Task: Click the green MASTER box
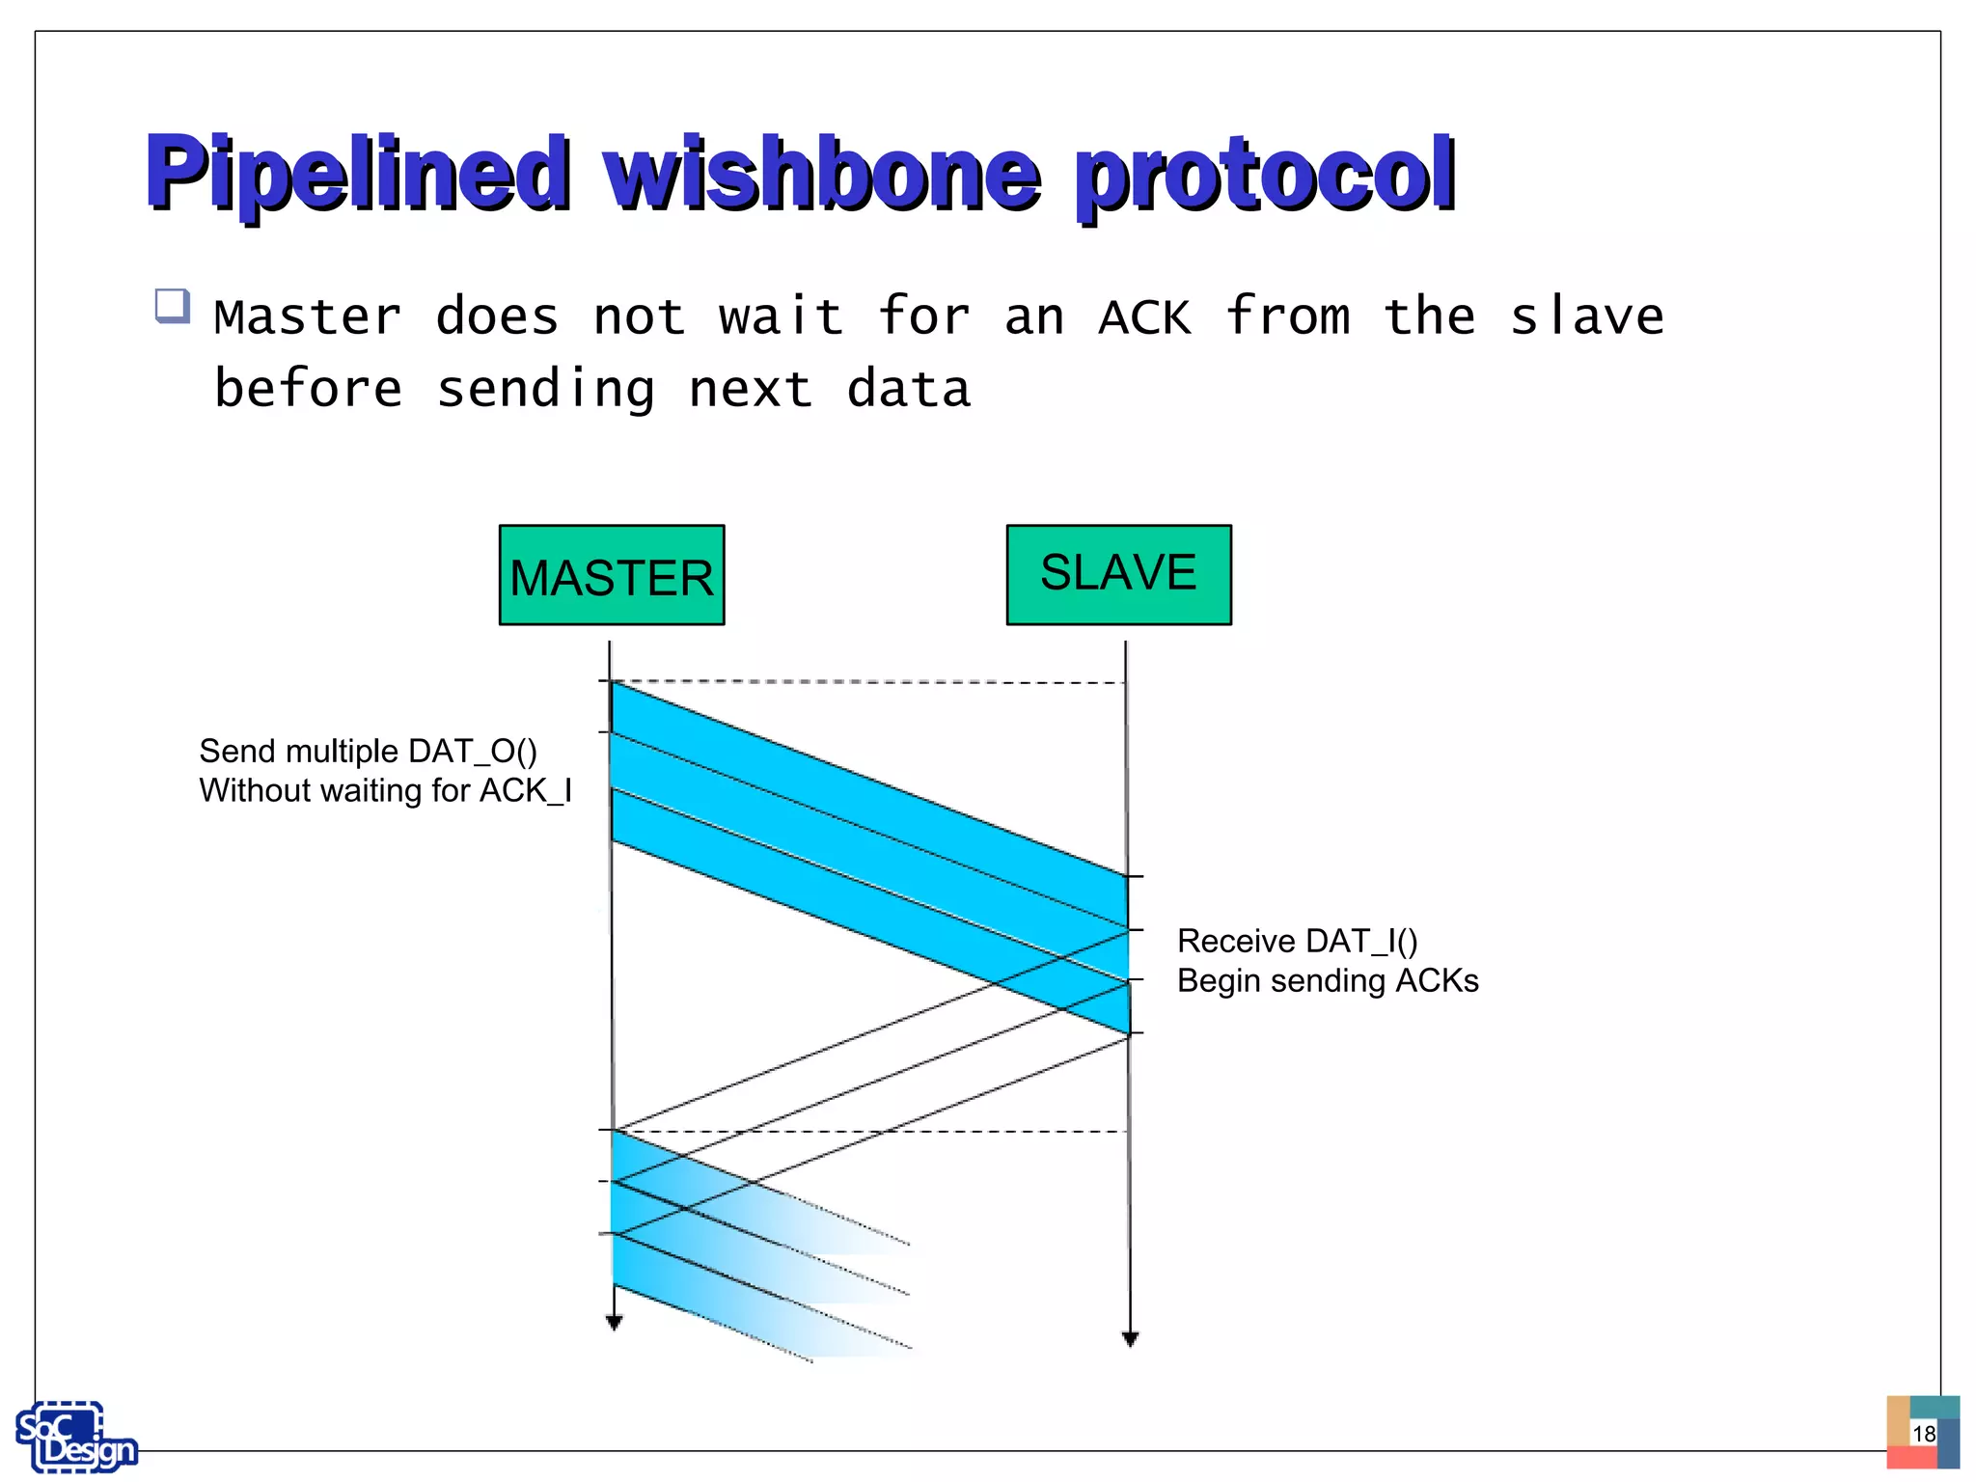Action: click(x=611, y=576)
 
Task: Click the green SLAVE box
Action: click(x=1118, y=574)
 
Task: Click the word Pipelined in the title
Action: click(x=357, y=174)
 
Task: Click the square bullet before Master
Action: click(x=172, y=306)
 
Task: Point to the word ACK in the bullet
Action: click(x=1144, y=317)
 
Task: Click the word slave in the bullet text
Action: click(x=1586, y=316)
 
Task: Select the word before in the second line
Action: click(x=308, y=389)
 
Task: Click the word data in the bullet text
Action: click(x=908, y=389)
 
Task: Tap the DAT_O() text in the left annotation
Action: click(x=472, y=751)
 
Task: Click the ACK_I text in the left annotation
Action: click(x=526, y=790)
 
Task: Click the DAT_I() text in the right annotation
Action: click(x=1360, y=941)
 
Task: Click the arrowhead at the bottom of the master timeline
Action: click(x=614, y=1323)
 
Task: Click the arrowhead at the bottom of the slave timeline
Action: click(x=1131, y=1339)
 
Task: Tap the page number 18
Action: click(x=1924, y=1434)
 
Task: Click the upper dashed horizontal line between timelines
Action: click(x=868, y=682)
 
